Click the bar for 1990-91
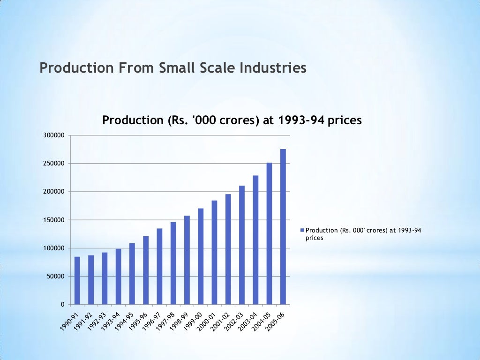coord(77,280)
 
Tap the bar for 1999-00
coord(201,256)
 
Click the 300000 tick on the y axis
coord(54,135)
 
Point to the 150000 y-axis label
coord(54,220)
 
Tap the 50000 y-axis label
coord(55,276)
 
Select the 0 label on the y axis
coord(62,305)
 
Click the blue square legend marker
coord(302,230)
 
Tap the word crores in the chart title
coord(237,120)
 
